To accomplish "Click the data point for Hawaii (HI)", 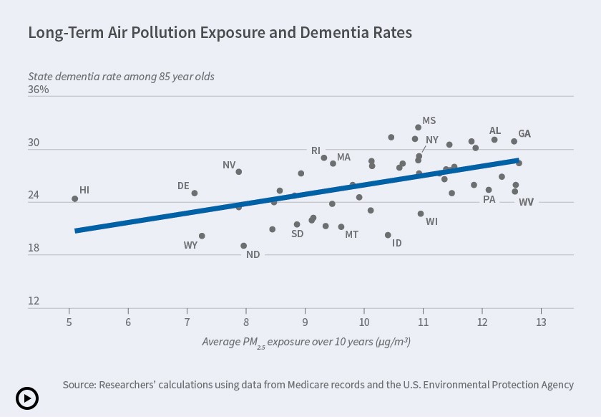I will pyautogui.click(x=75, y=198).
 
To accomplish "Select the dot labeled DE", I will pyautogui.click(x=194, y=193).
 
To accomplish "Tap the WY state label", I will pyautogui.click(x=190, y=245).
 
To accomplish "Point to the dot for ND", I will pyautogui.click(x=244, y=246).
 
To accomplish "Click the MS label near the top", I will pyautogui.click(x=429, y=121).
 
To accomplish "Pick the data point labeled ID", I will pyautogui.click(x=388, y=235).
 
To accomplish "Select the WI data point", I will pyautogui.click(x=421, y=214).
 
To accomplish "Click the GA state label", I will pyautogui.click(x=524, y=134).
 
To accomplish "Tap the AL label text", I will pyautogui.click(x=495, y=130).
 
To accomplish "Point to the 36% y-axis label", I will pyautogui.click(x=39, y=90).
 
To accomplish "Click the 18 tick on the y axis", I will pyautogui.click(x=34, y=249).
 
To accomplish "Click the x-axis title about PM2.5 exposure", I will pyautogui.click(x=306, y=342).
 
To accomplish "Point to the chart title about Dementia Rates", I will pyautogui.click(x=220, y=33).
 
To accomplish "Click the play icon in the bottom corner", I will pyautogui.click(x=27, y=398).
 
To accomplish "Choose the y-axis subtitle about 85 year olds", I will pyautogui.click(x=121, y=76).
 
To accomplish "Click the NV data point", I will pyautogui.click(x=239, y=172).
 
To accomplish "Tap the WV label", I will pyautogui.click(x=526, y=202).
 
